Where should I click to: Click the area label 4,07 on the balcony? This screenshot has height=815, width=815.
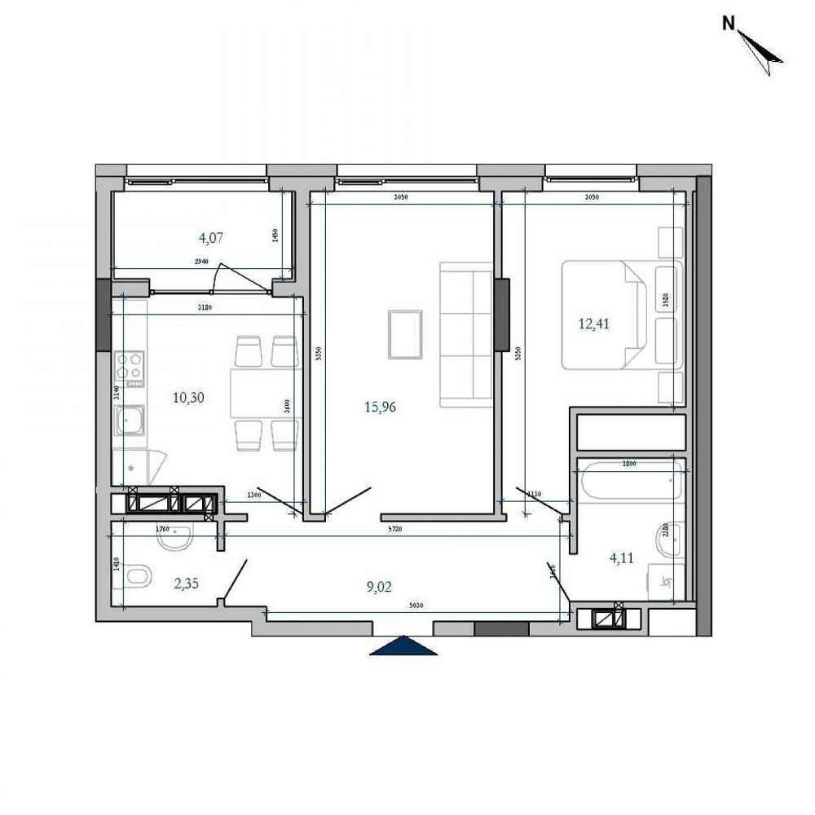pos(211,239)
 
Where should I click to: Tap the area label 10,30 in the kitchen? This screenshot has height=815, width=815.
pos(187,398)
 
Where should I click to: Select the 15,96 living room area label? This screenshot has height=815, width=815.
pos(380,407)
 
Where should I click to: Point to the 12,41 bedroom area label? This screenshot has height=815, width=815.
pos(594,324)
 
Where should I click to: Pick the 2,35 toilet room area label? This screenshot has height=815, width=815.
pos(187,583)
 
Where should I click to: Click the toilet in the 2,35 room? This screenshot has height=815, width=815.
pos(139,577)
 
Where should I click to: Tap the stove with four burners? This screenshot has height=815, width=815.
pos(130,368)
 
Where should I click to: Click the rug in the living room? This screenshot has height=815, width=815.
pos(405,334)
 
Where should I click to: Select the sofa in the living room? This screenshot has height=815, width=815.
pos(466,334)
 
